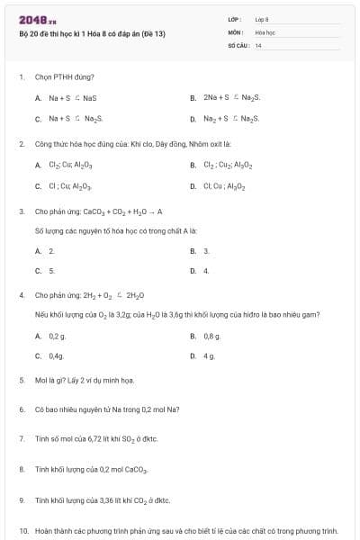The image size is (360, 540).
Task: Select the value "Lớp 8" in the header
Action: point(262,19)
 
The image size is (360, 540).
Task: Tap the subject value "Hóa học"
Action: point(265,31)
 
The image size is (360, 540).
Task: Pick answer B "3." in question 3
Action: point(206,250)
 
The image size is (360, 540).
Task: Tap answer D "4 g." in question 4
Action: point(209,356)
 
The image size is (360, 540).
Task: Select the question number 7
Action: point(22,438)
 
